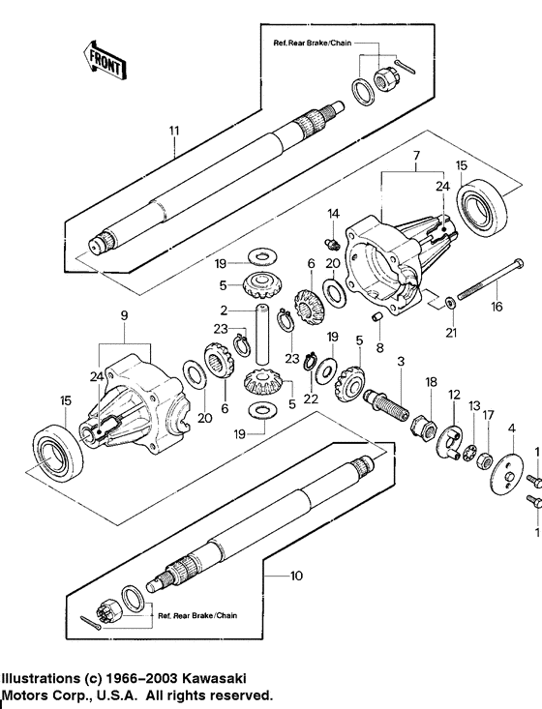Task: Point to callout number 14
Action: click(332, 213)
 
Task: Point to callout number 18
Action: click(432, 382)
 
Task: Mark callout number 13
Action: click(474, 405)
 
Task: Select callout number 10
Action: click(297, 575)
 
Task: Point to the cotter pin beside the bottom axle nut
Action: click(94, 624)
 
